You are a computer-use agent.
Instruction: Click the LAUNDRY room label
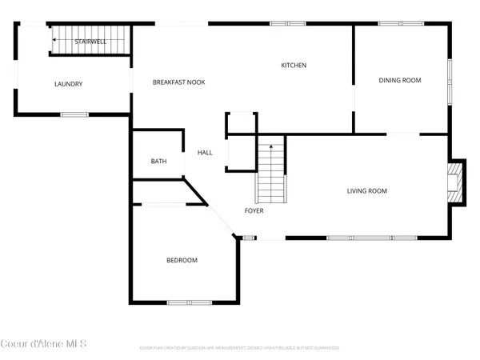click(69, 84)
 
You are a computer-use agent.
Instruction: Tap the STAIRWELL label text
click(90, 41)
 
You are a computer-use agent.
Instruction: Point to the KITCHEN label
click(294, 65)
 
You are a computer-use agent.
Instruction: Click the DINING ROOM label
click(399, 79)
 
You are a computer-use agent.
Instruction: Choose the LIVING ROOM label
click(367, 190)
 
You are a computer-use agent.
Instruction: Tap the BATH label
click(158, 162)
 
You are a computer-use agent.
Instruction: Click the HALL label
click(205, 152)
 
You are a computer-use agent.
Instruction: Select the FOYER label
click(254, 211)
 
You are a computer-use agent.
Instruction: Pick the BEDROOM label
click(182, 260)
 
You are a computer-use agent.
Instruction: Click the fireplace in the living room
click(455, 183)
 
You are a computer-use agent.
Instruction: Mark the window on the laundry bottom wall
click(74, 114)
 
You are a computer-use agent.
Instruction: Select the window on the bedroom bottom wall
click(189, 302)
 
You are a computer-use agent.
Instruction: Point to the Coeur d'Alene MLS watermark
click(43, 345)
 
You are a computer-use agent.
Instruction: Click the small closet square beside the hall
click(241, 124)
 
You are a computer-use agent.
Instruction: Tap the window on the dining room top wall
click(390, 23)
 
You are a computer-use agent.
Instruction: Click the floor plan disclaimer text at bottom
click(240, 348)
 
